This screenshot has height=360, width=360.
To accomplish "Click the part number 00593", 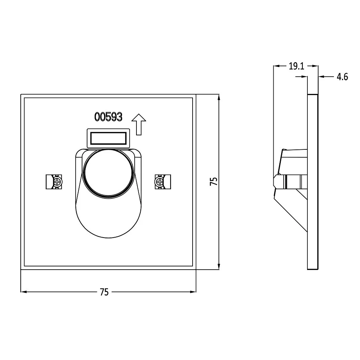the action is tap(108, 117).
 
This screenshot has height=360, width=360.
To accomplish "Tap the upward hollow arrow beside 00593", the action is tap(139, 124).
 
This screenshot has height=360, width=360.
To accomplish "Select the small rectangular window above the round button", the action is tap(108, 138).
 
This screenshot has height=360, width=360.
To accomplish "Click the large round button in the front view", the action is tap(108, 174).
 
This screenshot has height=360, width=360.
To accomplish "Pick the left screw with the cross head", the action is tap(57, 182).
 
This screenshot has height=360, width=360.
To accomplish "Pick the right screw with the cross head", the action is tap(159, 182).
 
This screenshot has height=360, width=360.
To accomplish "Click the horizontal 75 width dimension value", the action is tap(104, 292).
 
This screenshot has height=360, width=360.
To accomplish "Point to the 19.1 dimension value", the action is tap(296, 66).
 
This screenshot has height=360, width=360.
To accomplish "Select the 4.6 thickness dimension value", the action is tap(342, 77).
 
